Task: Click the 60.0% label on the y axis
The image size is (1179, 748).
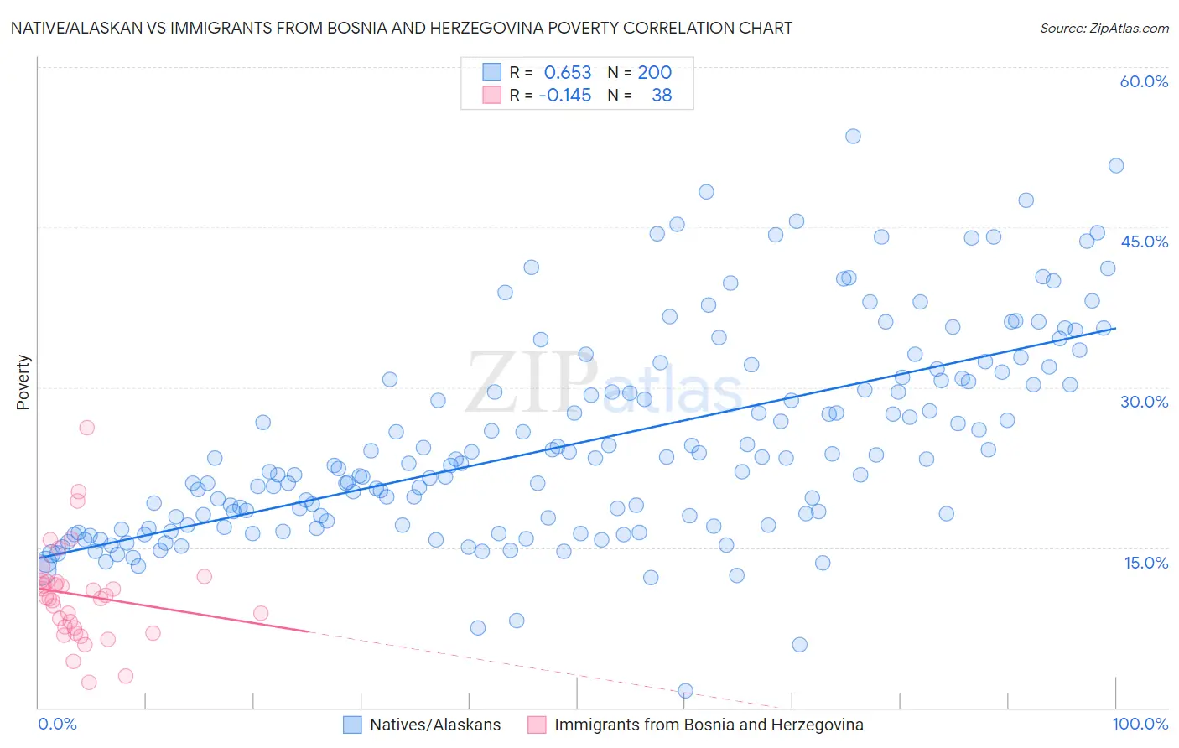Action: (1144, 81)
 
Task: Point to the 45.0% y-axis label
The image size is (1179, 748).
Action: (1144, 242)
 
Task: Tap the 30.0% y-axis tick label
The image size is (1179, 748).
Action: (1144, 402)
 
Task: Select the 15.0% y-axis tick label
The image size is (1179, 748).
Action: (1145, 563)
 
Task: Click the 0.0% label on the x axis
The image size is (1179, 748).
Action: (57, 724)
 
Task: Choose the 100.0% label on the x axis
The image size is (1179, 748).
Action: (1140, 724)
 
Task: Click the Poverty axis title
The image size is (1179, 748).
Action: (23, 382)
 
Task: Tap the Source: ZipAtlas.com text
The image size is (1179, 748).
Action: (1104, 28)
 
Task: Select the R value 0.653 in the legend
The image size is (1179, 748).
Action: (568, 73)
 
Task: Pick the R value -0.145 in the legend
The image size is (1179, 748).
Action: (564, 96)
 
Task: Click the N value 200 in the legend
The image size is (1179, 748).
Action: (654, 73)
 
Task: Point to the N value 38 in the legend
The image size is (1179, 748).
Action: (662, 96)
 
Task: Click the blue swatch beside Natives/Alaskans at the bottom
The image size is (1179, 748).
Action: (352, 725)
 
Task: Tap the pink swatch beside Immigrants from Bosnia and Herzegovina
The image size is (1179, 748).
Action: (537, 725)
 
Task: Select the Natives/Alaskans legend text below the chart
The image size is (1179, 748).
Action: (435, 725)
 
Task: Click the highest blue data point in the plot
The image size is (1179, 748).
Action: (853, 136)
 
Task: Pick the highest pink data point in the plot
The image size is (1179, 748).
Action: (86, 428)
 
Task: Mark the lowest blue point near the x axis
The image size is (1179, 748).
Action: (685, 690)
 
